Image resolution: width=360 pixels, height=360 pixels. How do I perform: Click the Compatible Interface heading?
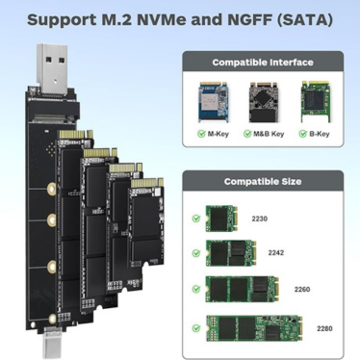[x=263, y=62]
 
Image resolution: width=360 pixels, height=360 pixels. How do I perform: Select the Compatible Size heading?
[x=263, y=181]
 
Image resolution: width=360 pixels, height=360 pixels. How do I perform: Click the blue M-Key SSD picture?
[x=214, y=102]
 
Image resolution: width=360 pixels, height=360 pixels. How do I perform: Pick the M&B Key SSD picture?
[x=263, y=102]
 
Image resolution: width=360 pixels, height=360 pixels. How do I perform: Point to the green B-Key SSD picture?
[x=316, y=102]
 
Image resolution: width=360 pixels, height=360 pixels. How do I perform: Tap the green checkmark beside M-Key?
[x=201, y=134]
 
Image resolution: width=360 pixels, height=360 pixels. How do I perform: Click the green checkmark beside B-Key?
[x=303, y=134]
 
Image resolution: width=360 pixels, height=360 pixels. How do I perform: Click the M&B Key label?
[x=269, y=134]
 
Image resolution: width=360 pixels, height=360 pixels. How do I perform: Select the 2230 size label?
[x=259, y=219]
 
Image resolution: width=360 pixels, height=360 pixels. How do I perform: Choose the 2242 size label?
[x=276, y=253]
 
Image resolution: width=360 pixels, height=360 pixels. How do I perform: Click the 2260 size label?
[x=302, y=290]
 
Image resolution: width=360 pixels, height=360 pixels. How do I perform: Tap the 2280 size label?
[x=324, y=328]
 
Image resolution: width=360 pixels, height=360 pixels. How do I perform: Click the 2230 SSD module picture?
[x=221, y=219]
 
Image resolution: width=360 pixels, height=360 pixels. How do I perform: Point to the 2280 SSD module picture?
[x=254, y=328]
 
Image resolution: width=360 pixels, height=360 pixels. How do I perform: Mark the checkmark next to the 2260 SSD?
[x=196, y=289]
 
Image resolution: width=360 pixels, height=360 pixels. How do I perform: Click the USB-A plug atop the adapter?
[x=52, y=69]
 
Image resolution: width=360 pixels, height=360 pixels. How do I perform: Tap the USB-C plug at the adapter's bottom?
[x=52, y=344]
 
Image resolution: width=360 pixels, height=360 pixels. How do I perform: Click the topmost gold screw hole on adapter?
[x=51, y=188]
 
